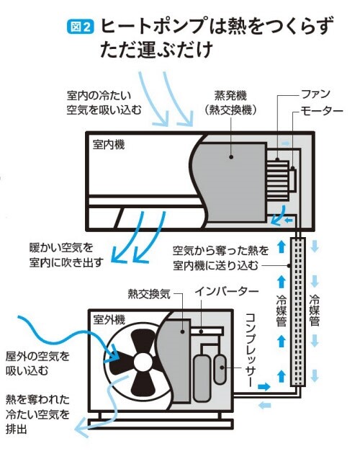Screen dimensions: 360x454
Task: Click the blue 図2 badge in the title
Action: pos(80,27)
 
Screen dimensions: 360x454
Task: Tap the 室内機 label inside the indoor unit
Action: pos(109,144)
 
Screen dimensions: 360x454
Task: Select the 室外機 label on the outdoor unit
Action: pos(109,320)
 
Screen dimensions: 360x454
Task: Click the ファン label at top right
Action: pos(316,94)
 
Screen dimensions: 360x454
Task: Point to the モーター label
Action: pos(322,110)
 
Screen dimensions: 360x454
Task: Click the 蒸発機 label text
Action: pos(230,95)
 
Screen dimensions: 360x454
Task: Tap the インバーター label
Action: pos(227,291)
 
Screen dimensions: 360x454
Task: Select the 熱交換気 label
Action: pos(149,294)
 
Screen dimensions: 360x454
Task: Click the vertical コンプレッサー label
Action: pos(251,350)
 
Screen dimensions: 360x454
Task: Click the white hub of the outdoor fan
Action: pos(143,362)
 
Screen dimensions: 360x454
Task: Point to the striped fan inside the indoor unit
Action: pos(278,181)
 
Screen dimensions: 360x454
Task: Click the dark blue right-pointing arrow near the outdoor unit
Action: pos(264,386)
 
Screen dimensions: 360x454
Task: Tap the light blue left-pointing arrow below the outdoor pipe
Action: pos(264,405)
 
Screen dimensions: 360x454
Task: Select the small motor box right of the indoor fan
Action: pos(292,180)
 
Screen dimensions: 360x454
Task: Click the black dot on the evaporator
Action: pos(231,156)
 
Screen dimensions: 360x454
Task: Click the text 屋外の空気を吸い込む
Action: pos(37,363)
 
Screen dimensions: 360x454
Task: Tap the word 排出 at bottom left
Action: pos(17,429)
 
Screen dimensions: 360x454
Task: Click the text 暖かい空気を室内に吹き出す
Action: pos(66,255)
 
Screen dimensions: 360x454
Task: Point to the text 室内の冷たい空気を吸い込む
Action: pos(104,102)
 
